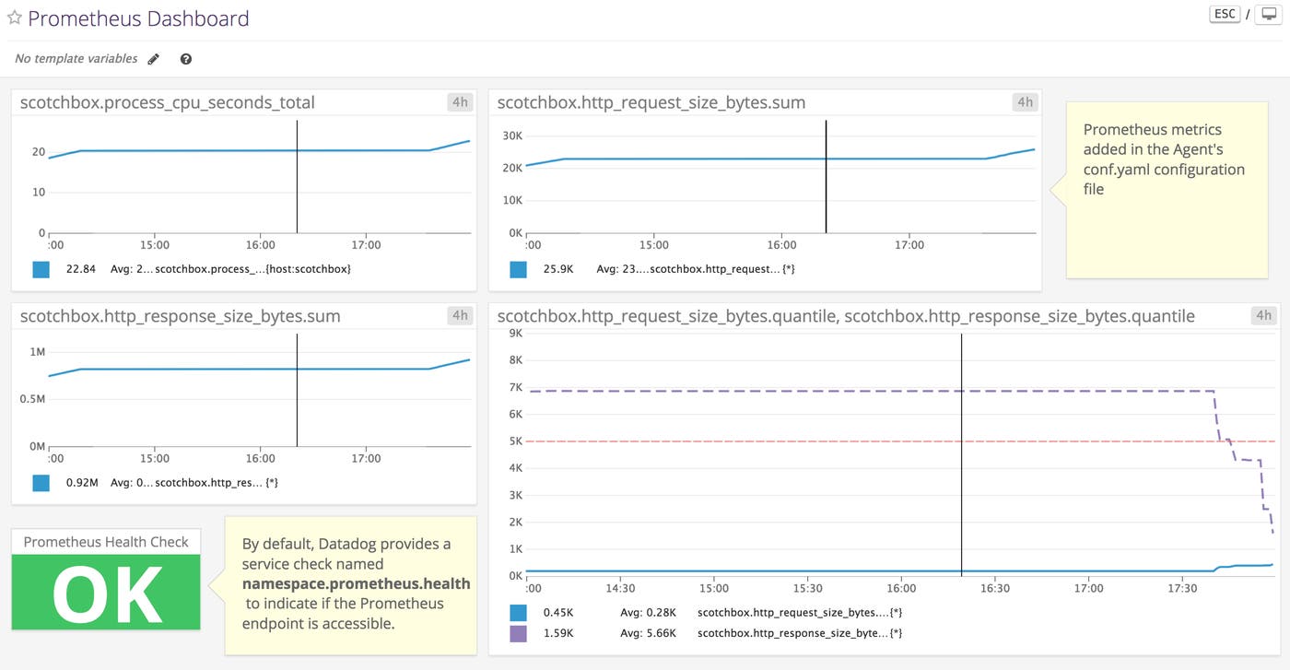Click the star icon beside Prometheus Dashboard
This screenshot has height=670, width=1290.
click(x=15, y=18)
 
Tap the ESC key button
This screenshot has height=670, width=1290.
click(x=1225, y=15)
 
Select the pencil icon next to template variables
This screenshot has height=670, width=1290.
click(x=154, y=59)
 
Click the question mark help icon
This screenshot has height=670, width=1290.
click(x=186, y=59)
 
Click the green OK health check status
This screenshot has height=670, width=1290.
click(x=106, y=594)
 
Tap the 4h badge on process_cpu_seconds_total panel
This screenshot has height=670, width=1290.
click(x=460, y=102)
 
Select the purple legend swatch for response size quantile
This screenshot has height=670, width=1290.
click(x=518, y=633)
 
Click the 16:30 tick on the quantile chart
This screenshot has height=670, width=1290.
click(x=995, y=588)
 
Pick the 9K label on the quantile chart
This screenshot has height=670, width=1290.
click(x=516, y=333)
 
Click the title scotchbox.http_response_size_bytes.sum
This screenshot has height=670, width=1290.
click(x=181, y=316)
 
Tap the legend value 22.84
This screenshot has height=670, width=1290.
click(x=81, y=269)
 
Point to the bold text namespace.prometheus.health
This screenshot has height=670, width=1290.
click(x=356, y=583)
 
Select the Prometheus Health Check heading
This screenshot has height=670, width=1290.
click(x=106, y=542)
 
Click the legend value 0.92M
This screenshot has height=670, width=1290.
click(x=81, y=482)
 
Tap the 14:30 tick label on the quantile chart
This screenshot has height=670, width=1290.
click(x=621, y=588)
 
